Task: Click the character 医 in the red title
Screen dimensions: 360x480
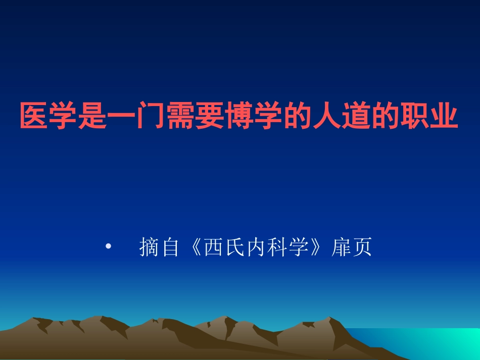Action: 33,117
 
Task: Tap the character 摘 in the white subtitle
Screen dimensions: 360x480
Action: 149,247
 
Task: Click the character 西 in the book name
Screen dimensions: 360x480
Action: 213,247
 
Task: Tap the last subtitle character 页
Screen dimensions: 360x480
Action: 362,247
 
